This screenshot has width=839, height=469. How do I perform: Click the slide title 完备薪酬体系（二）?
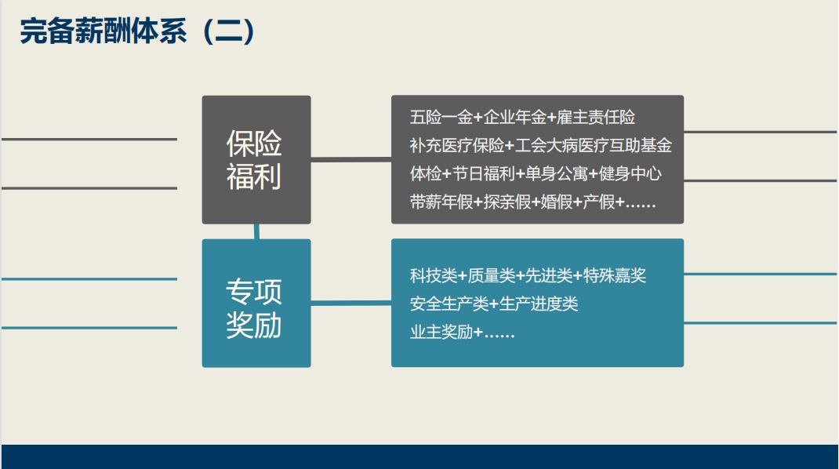[x=137, y=31]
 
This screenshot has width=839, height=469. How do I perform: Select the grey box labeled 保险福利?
[x=256, y=159]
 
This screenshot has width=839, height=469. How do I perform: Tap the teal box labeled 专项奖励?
[x=256, y=303]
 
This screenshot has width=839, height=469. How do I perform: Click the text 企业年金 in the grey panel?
[x=514, y=117]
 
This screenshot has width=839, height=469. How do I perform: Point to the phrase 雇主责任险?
[x=596, y=117]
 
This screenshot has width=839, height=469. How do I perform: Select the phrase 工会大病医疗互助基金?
[x=594, y=145]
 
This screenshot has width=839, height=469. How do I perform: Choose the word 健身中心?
[x=630, y=173]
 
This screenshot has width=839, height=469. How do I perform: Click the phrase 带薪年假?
[x=441, y=202]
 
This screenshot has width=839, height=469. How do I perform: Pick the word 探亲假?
[x=507, y=202]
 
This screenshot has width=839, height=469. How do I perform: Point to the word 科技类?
[x=434, y=275]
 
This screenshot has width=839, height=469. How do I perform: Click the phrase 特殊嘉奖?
[x=615, y=275]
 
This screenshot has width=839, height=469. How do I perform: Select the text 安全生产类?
[x=449, y=304]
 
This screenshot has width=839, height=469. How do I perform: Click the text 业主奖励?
[x=441, y=332]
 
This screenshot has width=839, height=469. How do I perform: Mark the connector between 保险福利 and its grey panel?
[x=351, y=159]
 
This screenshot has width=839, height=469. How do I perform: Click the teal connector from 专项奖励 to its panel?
[x=351, y=303]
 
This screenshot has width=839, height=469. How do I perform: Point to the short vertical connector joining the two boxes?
[x=257, y=231]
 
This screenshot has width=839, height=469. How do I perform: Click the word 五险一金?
[x=441, y=117]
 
